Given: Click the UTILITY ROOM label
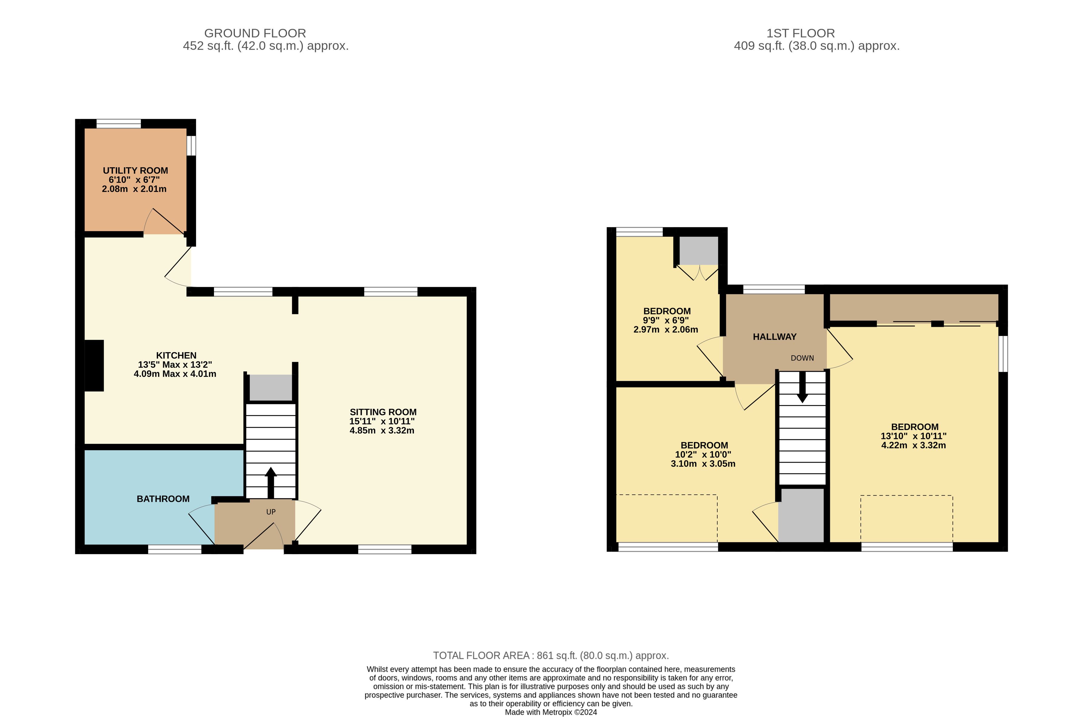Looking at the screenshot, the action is (135, 171).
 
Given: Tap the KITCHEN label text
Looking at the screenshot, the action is (176, 355).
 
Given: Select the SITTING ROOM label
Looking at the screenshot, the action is (383, 412).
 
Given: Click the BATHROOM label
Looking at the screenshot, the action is (163, 499).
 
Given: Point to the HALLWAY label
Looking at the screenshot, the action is (775, 337).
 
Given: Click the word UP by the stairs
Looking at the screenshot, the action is (271, 512).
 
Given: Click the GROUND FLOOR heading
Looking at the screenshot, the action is (255, 33).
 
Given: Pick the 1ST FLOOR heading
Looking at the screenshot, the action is (801, 33).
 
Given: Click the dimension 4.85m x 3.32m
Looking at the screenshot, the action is (382, 430).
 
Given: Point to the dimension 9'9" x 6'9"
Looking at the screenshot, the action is (666, 320).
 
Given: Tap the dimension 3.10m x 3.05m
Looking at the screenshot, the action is (703, 464).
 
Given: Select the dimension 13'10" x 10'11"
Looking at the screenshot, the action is (914, 436).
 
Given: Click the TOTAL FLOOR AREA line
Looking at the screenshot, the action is (551, 656).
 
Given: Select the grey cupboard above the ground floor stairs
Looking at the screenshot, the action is (270, 388).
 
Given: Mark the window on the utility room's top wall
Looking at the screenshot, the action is (119, 123).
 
